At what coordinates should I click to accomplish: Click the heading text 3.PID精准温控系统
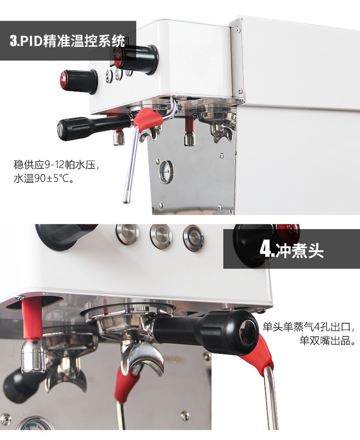pos(67,41)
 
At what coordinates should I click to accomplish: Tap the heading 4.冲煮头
pos(292,249)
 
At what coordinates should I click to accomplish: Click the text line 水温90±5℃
pos(44,178)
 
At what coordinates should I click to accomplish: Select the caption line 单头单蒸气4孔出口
pos(311,327)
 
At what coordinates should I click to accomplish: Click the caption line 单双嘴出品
pos(327,340)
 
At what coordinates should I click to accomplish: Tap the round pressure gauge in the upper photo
pos(166,171)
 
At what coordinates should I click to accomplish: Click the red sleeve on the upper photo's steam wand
pos(147,119)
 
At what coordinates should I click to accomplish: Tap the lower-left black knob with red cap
pos(78,81)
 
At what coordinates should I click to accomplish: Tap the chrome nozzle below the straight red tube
pos(33,356)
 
